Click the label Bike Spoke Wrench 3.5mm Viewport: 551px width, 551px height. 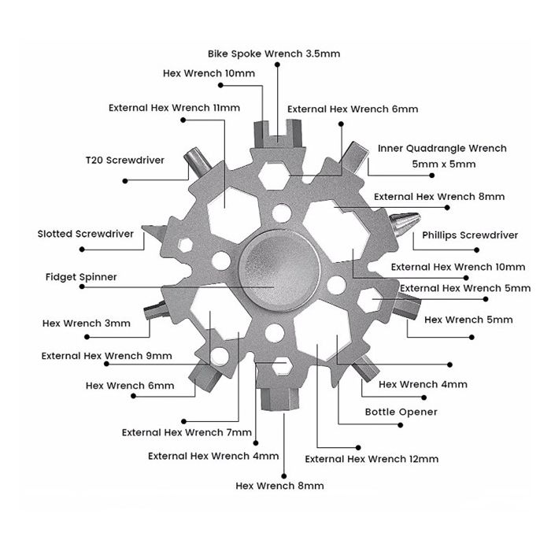tap(275, 54)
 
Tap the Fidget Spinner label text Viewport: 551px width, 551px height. tap(82, 277)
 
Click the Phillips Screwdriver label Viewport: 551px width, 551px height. tap(470, 235)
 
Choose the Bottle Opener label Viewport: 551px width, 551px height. tap(401, 412)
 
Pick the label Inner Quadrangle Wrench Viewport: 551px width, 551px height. tap(442, 148)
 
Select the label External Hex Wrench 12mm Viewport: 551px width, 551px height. tap(372, 459)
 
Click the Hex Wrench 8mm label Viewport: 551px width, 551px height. tap(279, 486)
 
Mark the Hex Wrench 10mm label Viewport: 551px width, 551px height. tap(209, 72)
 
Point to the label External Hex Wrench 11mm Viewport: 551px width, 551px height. tap(174, 106)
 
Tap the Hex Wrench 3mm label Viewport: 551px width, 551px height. tap(86, 322)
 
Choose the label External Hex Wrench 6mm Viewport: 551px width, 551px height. tap(353, 109)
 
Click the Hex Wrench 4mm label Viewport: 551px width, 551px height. tap(423, 385)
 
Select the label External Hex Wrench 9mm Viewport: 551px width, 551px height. tap(107, 356)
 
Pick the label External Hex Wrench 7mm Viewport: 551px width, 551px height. tap(187, 432)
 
